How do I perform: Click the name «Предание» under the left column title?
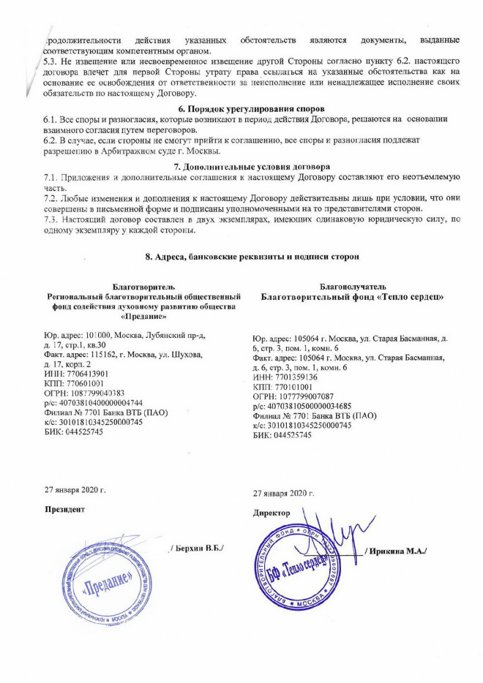point(141,316)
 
